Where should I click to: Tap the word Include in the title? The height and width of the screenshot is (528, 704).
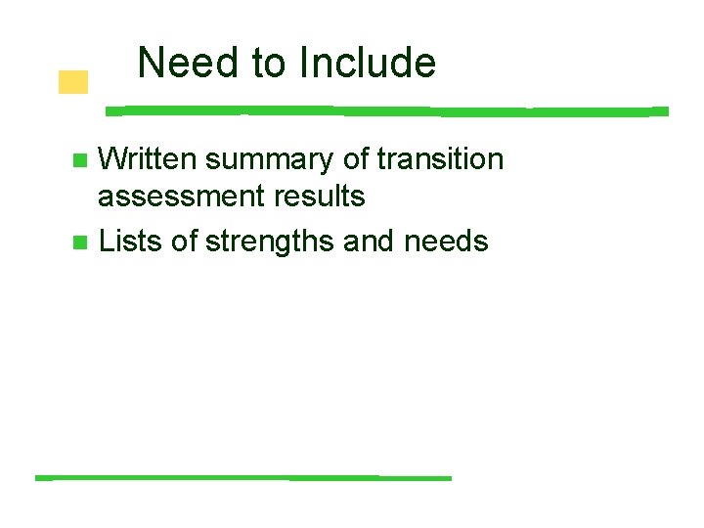pyautogui.click(x=368, y=64)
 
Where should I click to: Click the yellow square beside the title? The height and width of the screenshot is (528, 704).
pyautogui.click(x=72, y=82)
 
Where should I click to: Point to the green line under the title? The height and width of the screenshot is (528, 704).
pyautogui.click(x=386, y=110)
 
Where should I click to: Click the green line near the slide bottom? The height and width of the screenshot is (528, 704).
pyautogui.click(x=243, y=477)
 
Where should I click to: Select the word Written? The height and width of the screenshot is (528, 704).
pyautogui.click(x=151, y=158)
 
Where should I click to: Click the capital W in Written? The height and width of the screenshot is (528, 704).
pyautogui.click(x=112, y=158)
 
